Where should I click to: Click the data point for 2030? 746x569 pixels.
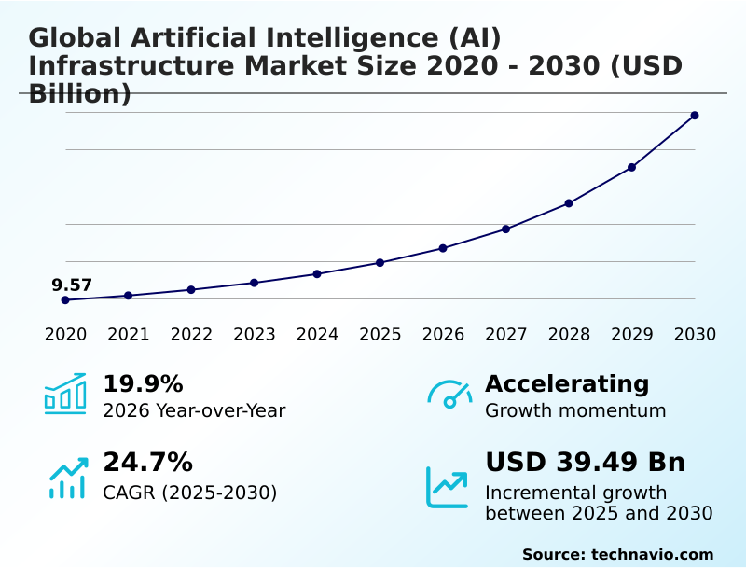coord(695,116)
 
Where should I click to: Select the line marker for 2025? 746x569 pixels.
coord(380,263)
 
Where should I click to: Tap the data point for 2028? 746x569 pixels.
coord(569,203)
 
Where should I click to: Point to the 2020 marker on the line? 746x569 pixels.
coord(65,300)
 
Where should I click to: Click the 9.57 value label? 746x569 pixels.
coord(72,285)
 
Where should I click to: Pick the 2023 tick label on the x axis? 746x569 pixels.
coord(254,335)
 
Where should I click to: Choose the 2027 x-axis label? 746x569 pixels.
coord(505,335)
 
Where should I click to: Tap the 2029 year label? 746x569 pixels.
coord(631,335)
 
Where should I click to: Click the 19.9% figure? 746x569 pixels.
coord(143,384)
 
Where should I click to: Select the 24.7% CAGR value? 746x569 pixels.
coord(147,463)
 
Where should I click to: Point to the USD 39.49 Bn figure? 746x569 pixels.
coord(585,463)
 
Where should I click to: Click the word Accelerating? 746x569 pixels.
coord(567,384)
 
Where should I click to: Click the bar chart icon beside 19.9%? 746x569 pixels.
coord(65,394)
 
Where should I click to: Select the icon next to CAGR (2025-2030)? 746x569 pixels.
coord(68,478)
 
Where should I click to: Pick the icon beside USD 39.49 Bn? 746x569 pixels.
coord(448,487)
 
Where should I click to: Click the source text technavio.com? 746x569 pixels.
coord(652,554)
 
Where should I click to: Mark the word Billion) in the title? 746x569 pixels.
coord(80,94)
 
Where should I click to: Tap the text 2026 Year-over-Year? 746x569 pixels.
coord(194,411)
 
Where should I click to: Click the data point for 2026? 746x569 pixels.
coord(443,248)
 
